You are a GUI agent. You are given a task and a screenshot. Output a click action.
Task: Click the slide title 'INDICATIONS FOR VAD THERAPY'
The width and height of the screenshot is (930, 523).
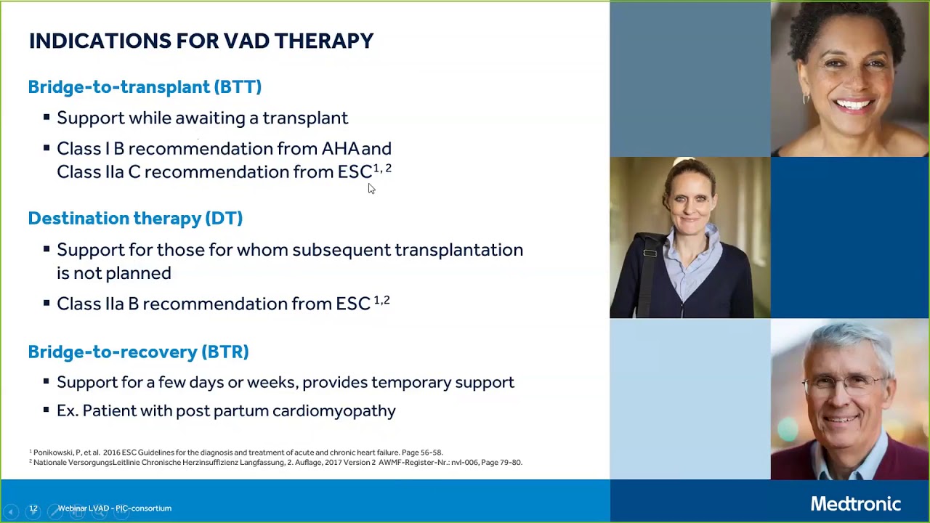point(201,41)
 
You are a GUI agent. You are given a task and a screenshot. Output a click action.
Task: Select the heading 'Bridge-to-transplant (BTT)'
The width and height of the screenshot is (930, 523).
point(145,87)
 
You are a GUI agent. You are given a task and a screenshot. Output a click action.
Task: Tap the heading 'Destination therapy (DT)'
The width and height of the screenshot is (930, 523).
point(135,219)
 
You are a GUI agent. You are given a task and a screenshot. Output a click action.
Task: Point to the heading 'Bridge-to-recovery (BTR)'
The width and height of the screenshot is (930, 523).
point(138,352)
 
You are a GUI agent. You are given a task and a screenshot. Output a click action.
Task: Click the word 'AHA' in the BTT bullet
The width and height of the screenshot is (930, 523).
point(340,149)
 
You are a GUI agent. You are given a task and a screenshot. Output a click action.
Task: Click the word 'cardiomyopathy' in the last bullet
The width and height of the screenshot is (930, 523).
point(333,411)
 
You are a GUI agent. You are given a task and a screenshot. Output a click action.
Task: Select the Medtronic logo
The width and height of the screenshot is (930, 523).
point(855,504)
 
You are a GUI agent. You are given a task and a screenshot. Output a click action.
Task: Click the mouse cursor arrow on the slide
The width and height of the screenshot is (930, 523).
point(371,189)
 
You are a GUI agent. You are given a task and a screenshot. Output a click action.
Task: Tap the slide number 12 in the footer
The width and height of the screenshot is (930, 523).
point(33,508)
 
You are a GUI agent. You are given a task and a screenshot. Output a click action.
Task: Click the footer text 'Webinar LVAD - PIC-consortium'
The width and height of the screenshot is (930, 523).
point(115,508)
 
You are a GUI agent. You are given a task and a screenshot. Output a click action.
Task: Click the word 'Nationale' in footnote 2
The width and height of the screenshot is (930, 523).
point(50,463)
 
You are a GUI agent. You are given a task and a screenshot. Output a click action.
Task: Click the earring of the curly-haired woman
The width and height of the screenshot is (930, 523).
point(806,97)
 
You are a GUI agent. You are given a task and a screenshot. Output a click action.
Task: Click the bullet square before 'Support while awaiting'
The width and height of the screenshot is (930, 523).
point(46,117)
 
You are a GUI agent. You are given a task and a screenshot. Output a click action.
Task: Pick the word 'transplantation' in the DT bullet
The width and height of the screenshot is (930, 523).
point(458,250)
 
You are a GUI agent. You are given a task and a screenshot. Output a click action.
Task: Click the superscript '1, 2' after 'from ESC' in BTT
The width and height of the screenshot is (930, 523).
point(382,169)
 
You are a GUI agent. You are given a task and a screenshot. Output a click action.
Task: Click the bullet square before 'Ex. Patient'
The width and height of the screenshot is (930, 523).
point(46,410)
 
